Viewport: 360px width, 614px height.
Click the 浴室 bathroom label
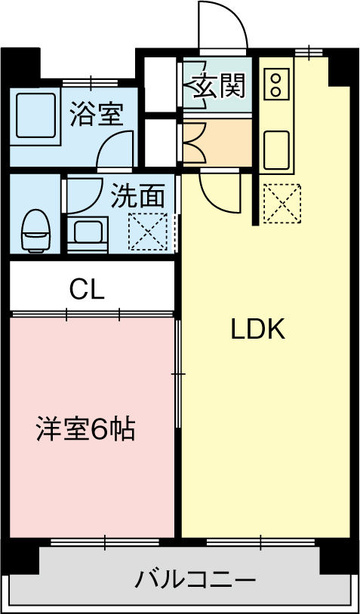(x=97, y=115)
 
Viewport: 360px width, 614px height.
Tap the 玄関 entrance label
(x=219, y=85)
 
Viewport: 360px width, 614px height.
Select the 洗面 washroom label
(x=137, y=197)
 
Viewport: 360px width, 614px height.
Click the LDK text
(x=257, y=330)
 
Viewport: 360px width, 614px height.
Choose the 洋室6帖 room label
(x=85, y=429)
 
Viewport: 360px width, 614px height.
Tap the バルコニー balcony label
(x=195, y=580)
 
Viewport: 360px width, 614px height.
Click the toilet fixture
(x=36, y=230)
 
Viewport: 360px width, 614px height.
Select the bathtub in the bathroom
(x=35, y=115)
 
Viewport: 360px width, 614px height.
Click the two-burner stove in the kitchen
(x=276, y=84)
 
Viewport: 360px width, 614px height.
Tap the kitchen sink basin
(x=277, y=149)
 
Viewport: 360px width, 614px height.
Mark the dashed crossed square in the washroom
(x=148, y=232)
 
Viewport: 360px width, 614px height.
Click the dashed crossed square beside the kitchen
(x=282, y=204)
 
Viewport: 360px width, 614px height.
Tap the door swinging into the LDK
(x=220, y=192)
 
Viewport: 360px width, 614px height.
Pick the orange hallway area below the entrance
(x=217, y=143)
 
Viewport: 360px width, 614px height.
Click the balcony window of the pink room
(x=105, y=542)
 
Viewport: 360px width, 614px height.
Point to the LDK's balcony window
(x=261, y=542)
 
